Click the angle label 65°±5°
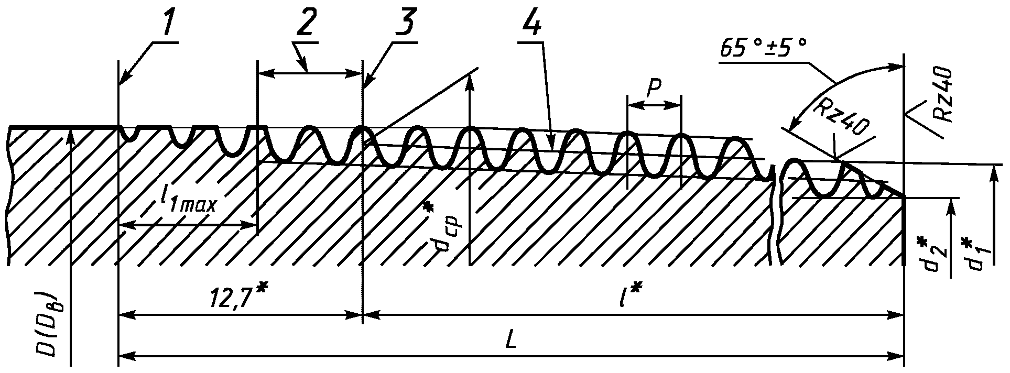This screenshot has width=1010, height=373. pos(763,49)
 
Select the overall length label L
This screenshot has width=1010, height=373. pos(511,341)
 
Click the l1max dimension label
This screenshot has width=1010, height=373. pos(189,201)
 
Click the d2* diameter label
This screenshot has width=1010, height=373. pos(931,256)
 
